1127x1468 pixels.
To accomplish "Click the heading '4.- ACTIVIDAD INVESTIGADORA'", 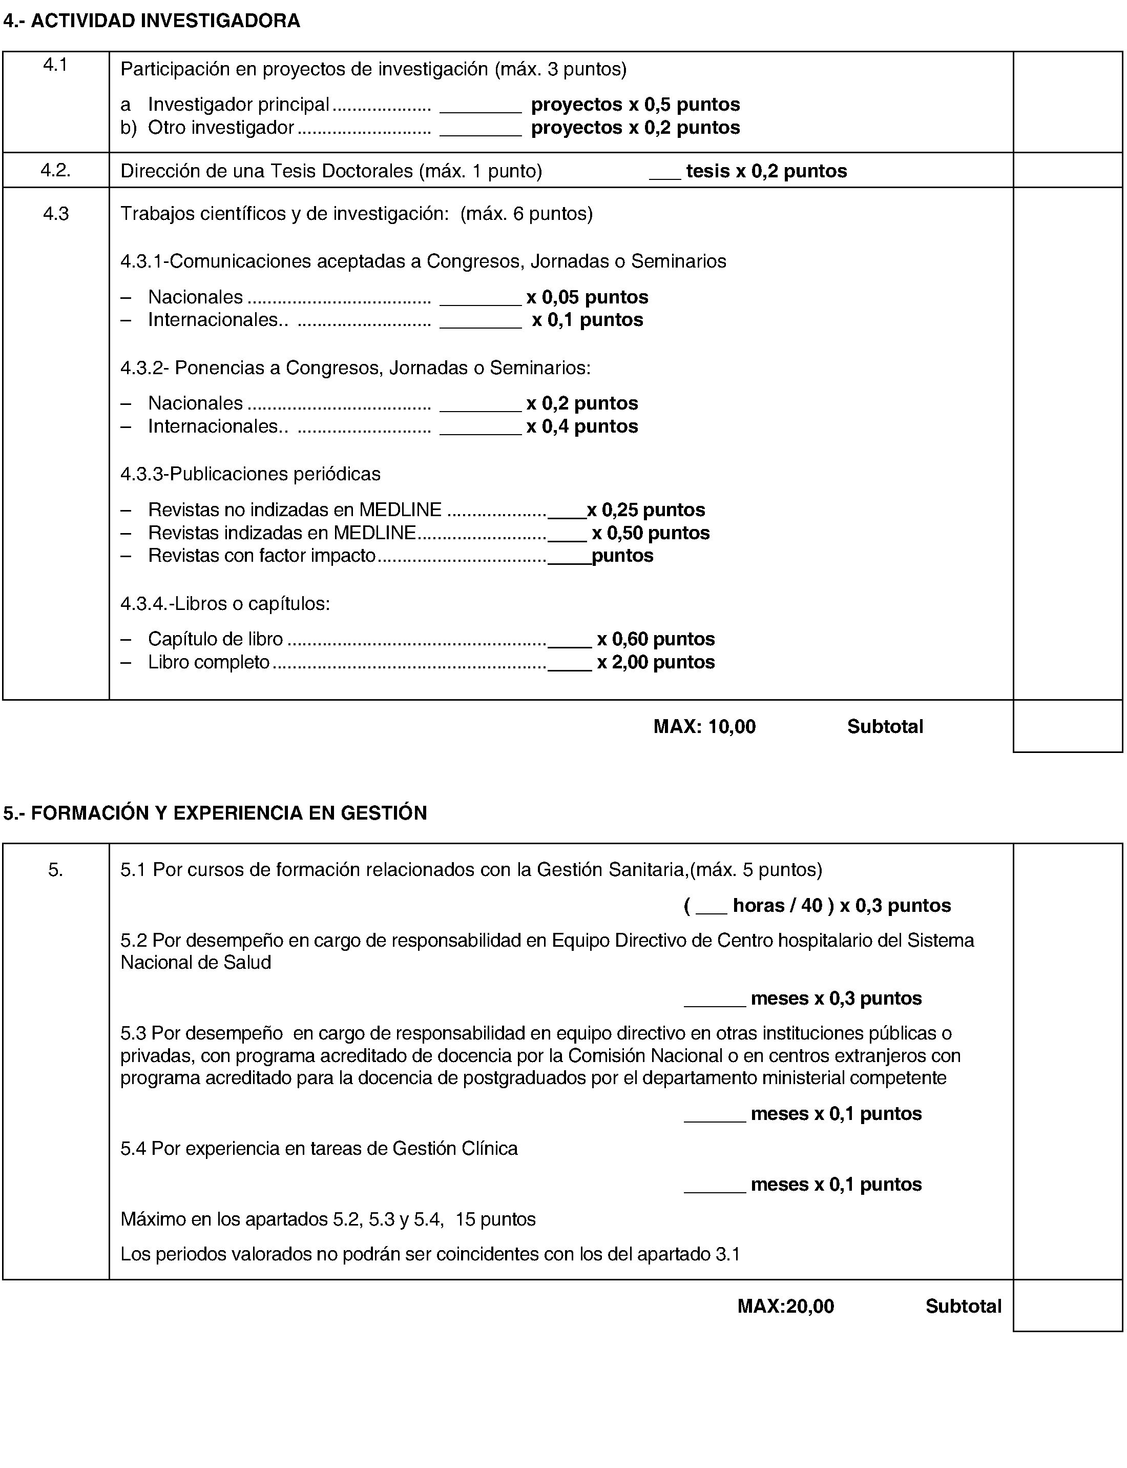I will [152, 21].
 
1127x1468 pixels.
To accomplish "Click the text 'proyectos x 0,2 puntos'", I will [635, 128].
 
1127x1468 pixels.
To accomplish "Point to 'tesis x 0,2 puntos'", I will [766, 171].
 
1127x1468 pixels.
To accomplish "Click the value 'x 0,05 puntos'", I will [587, 297].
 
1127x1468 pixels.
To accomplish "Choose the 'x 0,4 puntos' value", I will [581, 426].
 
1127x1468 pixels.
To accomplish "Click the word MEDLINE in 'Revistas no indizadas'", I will [401, 509].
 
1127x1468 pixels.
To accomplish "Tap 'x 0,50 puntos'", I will [650, 533].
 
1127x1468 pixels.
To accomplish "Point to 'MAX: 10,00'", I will [704, 726].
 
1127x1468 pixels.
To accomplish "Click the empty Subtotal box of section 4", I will [1067, 726].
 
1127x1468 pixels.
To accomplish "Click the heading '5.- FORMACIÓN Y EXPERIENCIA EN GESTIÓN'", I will [215, 813].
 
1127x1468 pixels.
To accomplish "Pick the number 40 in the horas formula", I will [812, 906].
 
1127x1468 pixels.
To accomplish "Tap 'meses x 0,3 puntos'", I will [836, 998].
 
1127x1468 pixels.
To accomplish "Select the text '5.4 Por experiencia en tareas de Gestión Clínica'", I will [319, 1149].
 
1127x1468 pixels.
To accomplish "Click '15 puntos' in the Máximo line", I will [495, 1219].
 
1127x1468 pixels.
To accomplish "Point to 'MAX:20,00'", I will [785, 1306].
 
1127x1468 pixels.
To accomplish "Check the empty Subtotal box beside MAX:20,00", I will [1067, 1306].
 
